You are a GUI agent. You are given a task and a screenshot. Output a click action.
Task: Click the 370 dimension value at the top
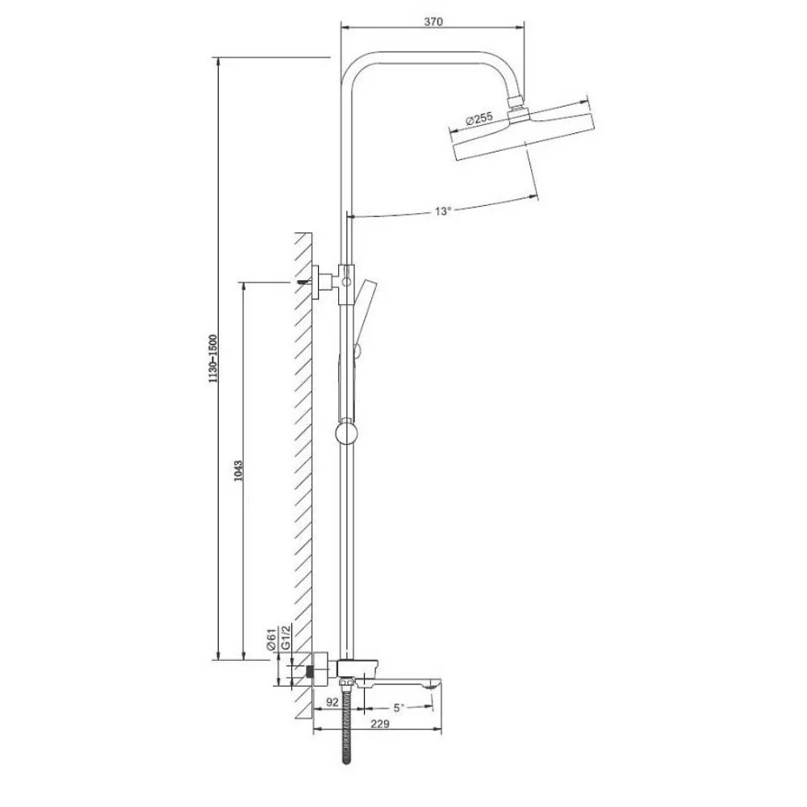[x=433, y=22]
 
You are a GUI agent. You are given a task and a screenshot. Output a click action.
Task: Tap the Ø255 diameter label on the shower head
[x=479, y=119]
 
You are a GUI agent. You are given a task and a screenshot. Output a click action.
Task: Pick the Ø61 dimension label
[x=271, y=641]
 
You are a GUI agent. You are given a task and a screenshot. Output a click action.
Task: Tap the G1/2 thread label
[x=286, y=641]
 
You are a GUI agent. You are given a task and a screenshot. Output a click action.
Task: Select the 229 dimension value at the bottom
[x=382, y=724]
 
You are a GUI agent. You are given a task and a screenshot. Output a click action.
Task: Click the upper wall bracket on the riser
[x=327, y=279]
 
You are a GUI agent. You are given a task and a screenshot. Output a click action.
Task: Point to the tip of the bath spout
[x=436, y=685]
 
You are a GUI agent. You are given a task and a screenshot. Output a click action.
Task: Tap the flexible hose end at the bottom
[x=346, y=759]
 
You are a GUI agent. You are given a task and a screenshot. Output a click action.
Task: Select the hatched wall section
[x=303, y=468]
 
